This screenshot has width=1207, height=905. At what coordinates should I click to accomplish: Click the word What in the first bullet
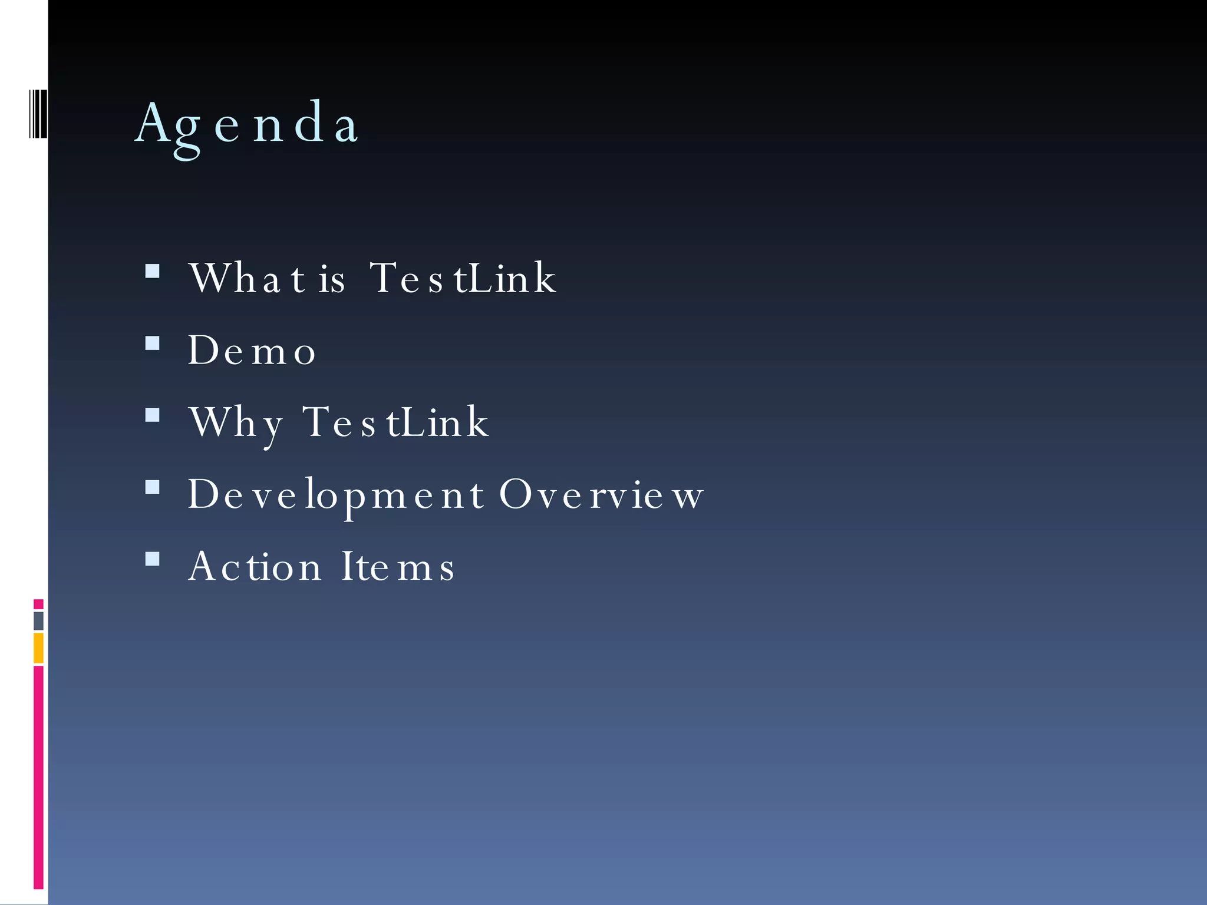[247, 278]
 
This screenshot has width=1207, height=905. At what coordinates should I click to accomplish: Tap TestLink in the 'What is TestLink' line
[463, 278]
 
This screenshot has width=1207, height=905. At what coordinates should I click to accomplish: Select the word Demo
[252, 350]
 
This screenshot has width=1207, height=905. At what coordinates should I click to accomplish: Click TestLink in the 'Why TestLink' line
[395, 422]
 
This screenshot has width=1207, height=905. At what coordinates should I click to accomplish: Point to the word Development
[336, 494]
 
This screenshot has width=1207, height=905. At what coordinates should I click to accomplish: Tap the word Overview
[601, 494]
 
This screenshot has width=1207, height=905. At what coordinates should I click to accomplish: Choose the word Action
[255, 566]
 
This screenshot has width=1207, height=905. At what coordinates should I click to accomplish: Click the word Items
[398, 566]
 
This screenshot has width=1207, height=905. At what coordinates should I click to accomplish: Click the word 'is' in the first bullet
[332, 279]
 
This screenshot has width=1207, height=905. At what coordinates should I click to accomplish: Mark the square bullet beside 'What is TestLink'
[153, 271]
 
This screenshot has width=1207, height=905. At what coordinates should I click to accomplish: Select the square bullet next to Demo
[153, 343]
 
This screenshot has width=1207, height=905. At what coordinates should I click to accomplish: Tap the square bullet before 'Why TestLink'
[153, 415]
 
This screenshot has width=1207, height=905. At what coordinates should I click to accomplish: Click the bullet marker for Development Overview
[153, 487]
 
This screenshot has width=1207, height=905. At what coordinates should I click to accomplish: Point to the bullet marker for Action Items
[153, 559]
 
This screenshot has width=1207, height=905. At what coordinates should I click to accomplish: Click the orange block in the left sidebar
[38, 648]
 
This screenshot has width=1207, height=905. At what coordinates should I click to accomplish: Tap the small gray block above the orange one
[38, 621]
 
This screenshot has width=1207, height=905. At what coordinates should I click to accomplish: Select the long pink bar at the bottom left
[38, 777]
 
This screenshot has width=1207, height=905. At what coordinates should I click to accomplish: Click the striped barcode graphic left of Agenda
[38, 114]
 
